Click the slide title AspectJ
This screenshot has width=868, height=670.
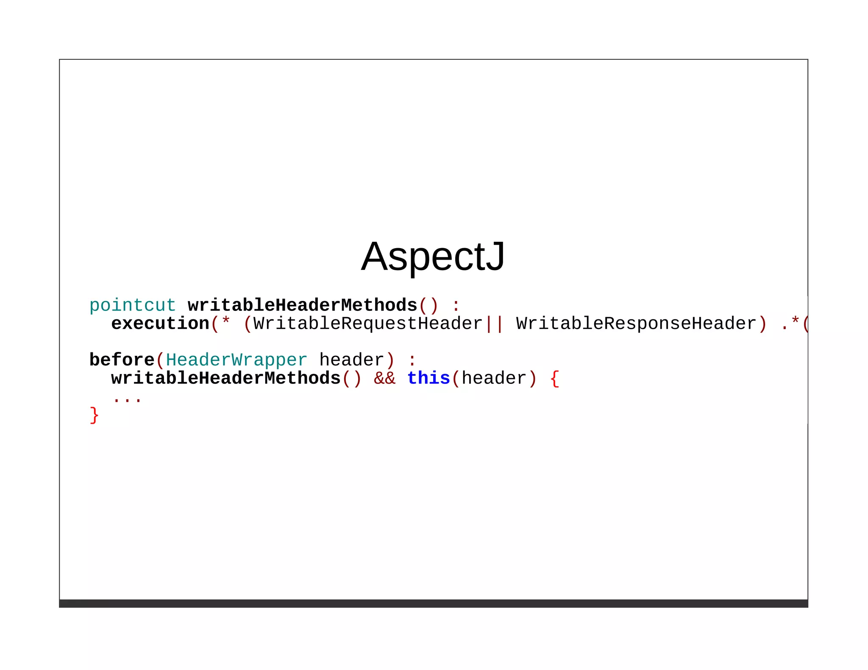tap(433, 257)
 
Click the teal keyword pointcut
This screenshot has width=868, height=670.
tap(132, 305)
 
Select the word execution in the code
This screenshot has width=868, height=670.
tap(160, 324)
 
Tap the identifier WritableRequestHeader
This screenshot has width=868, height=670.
tap(368, 324)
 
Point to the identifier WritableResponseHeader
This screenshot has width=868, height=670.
tap(636, 324)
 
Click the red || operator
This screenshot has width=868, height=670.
tap(494, 324)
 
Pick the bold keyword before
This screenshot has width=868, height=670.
tap(122, 360)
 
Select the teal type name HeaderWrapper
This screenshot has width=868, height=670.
tap(236, 360)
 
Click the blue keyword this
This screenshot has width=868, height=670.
tap(428, 378)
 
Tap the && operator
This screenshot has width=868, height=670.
tap(384, 378)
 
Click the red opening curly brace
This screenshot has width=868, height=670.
tap(554, 378)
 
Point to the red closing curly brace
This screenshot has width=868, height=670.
tap(94, 415)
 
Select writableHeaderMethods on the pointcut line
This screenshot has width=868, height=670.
tap(303, 305)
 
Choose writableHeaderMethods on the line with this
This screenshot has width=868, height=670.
tap(226, 378)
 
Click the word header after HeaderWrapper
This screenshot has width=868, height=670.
tap(351, 360)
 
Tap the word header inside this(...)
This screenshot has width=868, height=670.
tap(494, 378)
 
